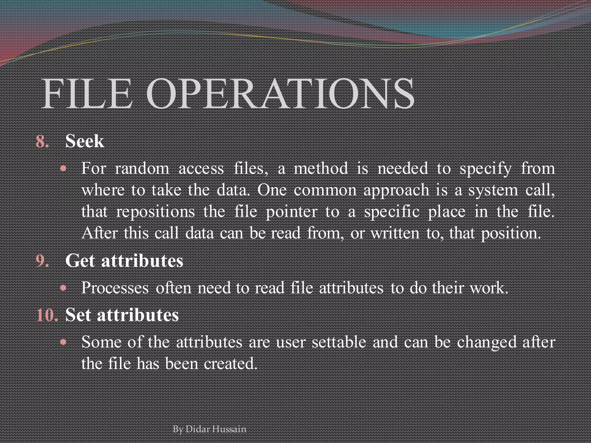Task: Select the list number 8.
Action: point(42,142)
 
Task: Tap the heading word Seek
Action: point(85,141)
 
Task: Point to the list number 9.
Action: point(42,261)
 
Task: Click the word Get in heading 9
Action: point(80,261)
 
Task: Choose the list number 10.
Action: point(47,315)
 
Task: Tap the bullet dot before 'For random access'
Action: point(64,168)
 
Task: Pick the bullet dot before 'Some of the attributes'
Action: point(64,342)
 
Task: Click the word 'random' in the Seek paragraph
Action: point(142,169)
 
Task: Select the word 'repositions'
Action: point(156,212)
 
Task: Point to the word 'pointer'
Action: point(291,212)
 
